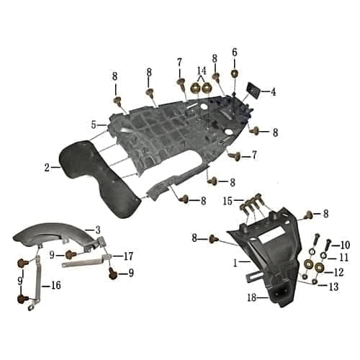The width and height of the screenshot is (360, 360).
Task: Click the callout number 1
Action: click(x=235, y=264)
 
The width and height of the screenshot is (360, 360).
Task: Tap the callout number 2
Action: click(x=47, y=168)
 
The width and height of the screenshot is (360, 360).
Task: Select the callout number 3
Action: click(x=97, y=230)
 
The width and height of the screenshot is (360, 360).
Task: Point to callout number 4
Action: click(x=274, y=91)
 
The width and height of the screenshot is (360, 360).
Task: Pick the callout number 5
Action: click(x=94, y=125)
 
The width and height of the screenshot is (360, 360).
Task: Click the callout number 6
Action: click(x=234, y=52)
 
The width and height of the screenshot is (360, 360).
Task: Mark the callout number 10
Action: click(x=345, y=245)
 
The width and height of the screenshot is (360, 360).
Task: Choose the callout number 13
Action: click(x=333, y=287)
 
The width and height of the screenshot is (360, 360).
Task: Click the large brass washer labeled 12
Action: click(x=319, y=271)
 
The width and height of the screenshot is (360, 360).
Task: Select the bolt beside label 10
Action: click(x=328, y=246)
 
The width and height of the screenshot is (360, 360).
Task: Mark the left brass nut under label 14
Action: click(x=196, y=87)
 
